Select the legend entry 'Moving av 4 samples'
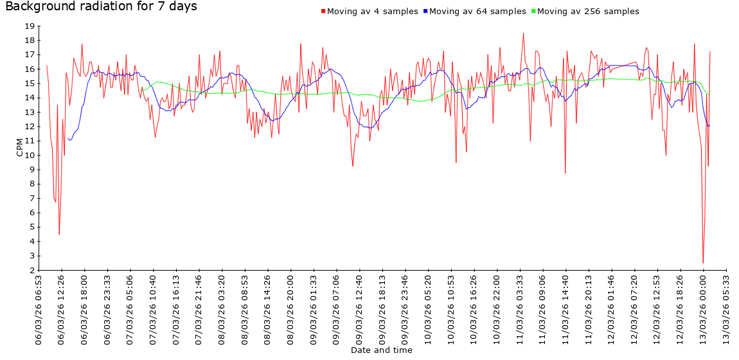372,12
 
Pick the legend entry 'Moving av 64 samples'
477,12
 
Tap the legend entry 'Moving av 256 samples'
588,12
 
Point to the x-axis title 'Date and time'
382,350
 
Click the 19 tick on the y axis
30,26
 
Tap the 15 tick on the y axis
30,84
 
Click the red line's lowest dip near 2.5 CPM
703,263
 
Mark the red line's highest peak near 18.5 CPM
524,33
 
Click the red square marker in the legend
323,12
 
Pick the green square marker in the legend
533,12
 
